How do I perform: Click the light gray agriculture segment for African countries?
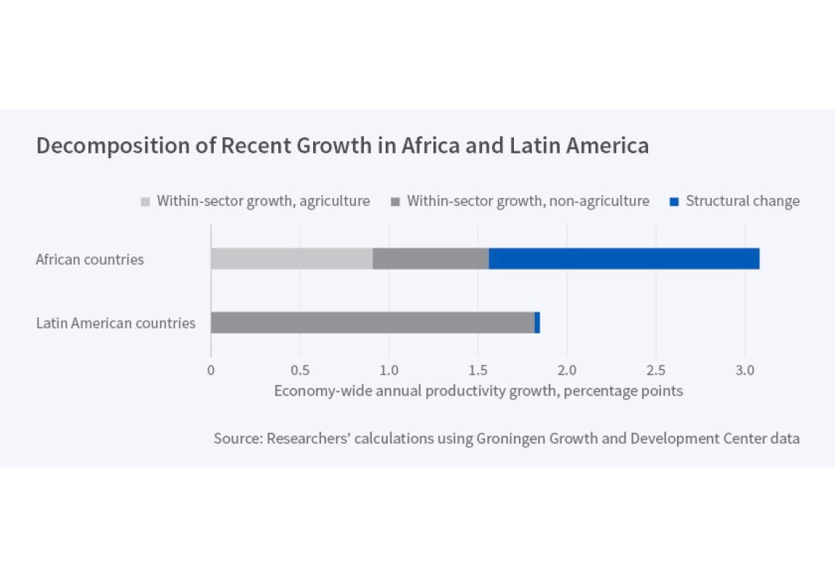(x=291, y=259)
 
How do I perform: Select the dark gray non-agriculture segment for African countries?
(x=431, y=259)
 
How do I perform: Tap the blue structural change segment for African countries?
(x=624, y=259)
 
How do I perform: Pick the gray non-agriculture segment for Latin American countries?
(x=373, y=323)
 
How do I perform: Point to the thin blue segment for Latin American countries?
(x=537, y=323)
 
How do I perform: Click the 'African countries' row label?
(x=90, y=260)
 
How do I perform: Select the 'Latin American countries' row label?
(x=116, y=323)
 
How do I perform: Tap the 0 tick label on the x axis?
(x=211, y=370)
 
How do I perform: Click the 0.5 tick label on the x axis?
(x=300, y=370)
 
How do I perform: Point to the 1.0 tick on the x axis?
(x=389, y=370)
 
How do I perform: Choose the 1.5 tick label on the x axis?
(x=478, y=370)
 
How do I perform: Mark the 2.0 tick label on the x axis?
(x=567, y=370)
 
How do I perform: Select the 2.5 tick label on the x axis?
(x=656, y=370)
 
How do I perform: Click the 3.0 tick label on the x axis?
(x=745, y=370)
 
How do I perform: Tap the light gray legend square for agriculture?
(x=146, y=202)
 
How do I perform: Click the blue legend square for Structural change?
(x=674, y=202)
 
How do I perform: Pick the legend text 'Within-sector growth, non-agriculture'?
(x=528, y=201)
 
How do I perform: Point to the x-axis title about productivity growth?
(x=478, y=391)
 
